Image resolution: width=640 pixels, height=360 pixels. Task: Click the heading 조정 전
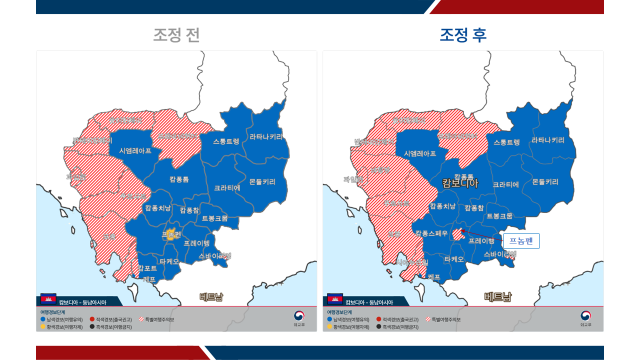point(177,34)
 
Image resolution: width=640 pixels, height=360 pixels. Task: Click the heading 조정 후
point(463,34)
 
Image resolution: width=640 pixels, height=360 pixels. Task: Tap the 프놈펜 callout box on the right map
point(522,240)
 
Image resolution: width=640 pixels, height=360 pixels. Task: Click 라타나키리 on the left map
point(265,136)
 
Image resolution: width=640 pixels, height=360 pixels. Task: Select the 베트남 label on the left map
point(212,297)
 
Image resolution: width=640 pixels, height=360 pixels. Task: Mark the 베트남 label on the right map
point(497,297)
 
